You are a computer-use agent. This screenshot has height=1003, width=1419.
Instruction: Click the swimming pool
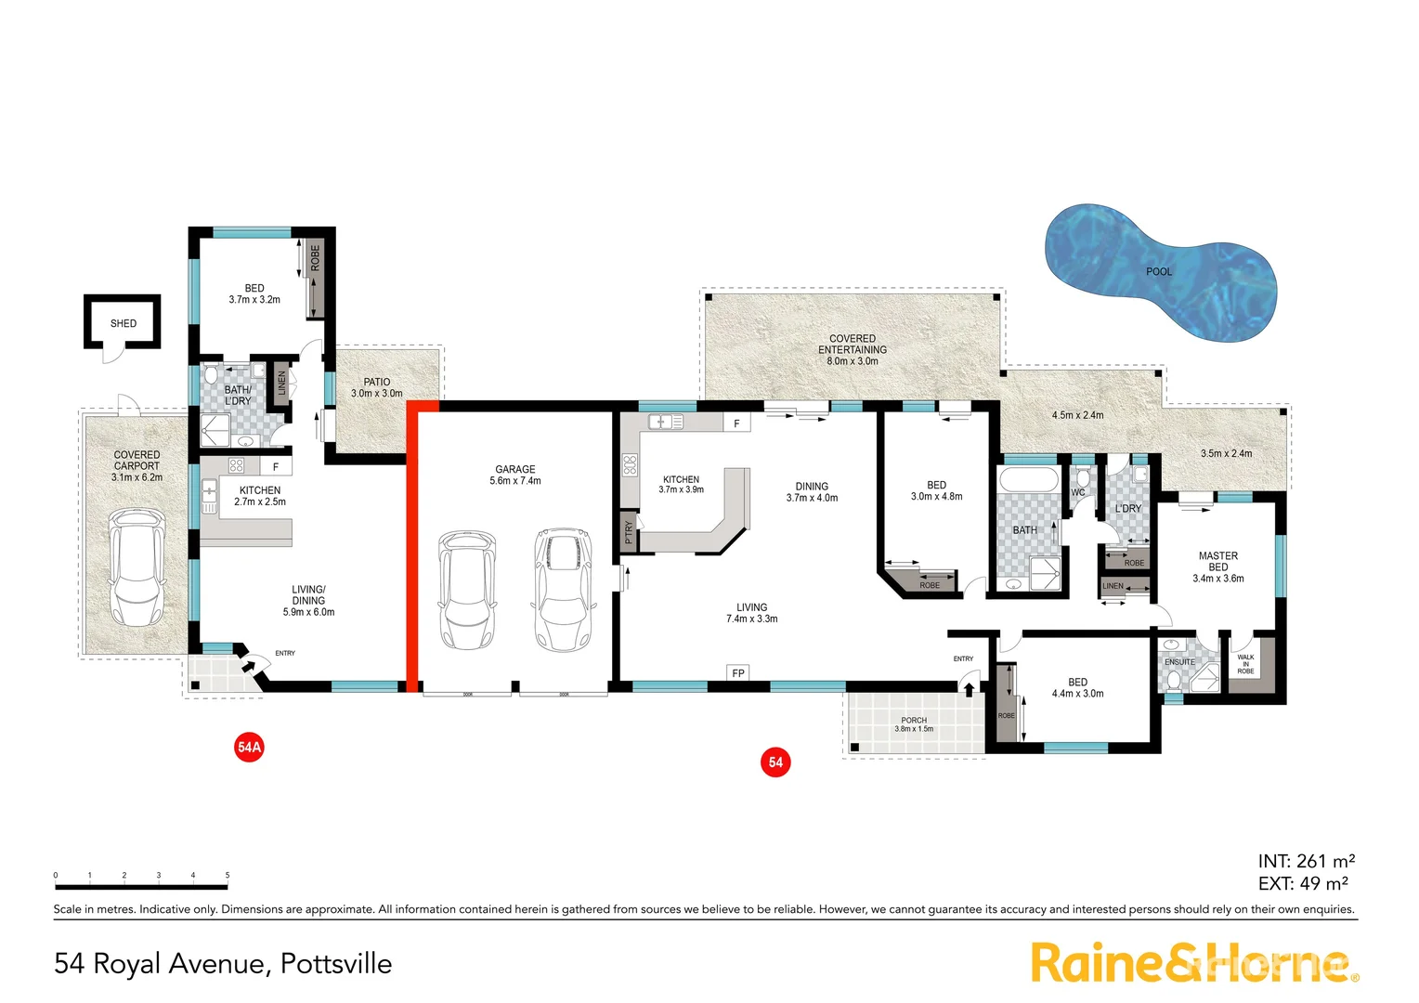(1159, 272)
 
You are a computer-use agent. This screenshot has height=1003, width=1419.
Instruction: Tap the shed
(123, 323)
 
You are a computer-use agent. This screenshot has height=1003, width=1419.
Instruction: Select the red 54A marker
(249, 747)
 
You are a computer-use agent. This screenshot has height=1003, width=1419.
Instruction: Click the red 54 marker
(775, 762)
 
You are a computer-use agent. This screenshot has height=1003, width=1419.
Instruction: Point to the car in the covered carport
(137, 567)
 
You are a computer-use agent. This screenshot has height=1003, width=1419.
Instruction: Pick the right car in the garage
(563, 588)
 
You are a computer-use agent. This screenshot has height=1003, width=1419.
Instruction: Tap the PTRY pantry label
(629, 532)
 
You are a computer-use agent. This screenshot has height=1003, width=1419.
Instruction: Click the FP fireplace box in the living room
(738, 673)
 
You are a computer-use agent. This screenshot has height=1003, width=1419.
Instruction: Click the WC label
(1078, 493)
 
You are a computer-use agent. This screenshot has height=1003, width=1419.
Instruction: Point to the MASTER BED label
(1218, 562)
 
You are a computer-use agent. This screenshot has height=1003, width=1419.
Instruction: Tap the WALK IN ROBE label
(1245, 664)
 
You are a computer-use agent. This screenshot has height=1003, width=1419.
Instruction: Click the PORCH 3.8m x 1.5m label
(914, 724)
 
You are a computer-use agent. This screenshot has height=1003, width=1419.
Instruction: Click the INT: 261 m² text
(1306, 862)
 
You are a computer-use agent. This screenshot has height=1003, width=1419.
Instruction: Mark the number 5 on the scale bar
(228, 876)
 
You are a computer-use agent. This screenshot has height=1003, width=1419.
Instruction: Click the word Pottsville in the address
(336, 964)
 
